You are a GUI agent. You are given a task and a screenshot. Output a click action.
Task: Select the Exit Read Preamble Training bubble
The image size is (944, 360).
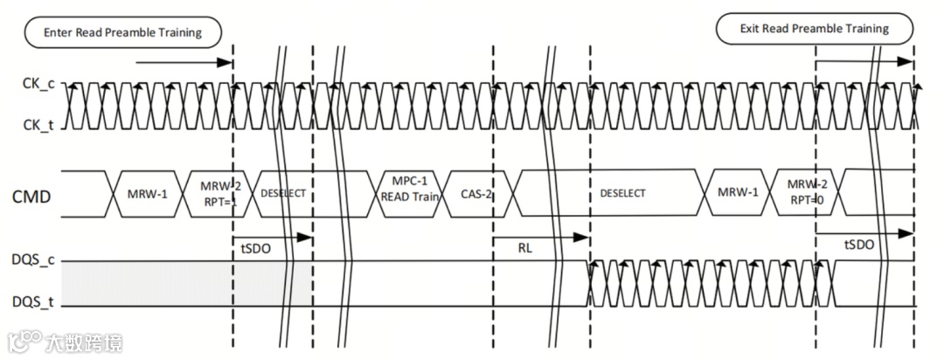pyautogui.click(x=814, y=29)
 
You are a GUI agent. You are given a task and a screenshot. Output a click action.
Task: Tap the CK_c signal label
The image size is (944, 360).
pyautogui.click(x=38, y=85)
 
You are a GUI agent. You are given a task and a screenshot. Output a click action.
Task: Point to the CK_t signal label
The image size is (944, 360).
pyautogui.click(x=38, y=125)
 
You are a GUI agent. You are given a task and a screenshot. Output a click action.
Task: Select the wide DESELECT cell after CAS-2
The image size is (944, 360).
pyautogui.click(x=621, y=193)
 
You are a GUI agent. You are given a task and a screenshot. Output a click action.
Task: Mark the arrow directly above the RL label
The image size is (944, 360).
pyautogui.click(x=540, y=236)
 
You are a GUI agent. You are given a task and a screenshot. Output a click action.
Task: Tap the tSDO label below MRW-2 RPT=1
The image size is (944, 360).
pyautogui.click(x=255, y=249)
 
